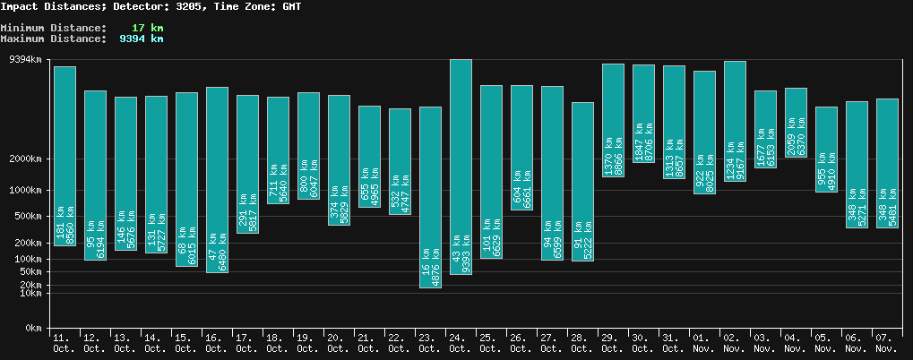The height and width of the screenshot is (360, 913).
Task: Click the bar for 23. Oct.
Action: [430, 197]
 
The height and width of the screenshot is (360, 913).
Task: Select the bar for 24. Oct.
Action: [461, 167]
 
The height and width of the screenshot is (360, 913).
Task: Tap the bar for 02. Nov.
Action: [735, 121]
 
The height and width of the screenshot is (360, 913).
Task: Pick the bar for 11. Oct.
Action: [65, 156]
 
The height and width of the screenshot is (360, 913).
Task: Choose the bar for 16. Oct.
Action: [217, 179]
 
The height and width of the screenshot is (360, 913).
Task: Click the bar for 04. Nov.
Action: [796, 123]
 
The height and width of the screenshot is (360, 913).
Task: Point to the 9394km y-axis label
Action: [24, 60]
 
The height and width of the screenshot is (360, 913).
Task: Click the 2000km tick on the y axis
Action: [24, 159]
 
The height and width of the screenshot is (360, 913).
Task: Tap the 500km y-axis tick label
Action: [27, 217]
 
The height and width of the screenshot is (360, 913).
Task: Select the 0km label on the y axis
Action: [33, 329]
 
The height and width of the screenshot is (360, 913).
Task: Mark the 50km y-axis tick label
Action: [30, 271]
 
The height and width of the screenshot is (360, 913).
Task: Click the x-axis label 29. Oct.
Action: [613, 343]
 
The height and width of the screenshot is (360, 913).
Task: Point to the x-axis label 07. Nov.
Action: [887, 343]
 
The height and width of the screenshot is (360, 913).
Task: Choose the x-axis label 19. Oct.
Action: [308, 343]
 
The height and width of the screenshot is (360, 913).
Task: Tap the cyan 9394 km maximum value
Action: [142, 39]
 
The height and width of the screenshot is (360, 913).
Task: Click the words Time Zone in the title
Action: [237, 6]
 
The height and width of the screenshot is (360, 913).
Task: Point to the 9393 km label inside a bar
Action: [466, 254]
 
